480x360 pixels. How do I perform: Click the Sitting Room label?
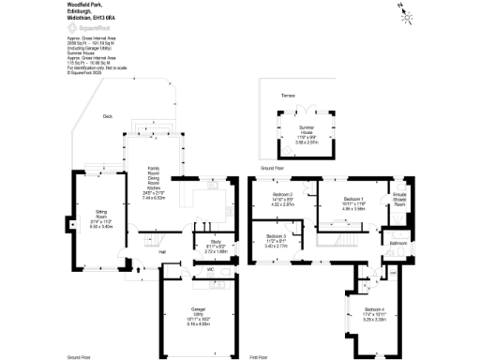[x=100, y=217]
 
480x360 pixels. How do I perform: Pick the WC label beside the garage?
[x=198, y=269]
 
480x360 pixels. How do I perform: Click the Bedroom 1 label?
[x=352, y=200]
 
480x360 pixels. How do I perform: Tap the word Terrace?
[x=275, y=96]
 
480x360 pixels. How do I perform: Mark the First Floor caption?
[x=260, y=357]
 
